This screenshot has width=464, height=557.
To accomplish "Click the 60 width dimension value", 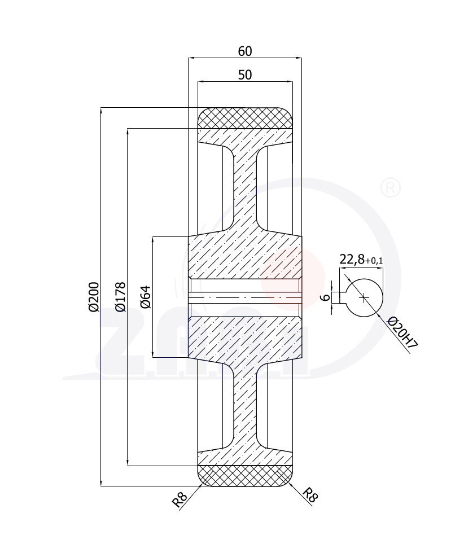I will pyautogui.click(x=244, y=51).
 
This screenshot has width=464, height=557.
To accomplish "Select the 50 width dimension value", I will pyautogui.click(x=244, y=74).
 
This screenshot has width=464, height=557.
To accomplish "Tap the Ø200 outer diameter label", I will pyautogui.click(x=94, y=296).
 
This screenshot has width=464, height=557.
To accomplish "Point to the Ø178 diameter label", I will pyautogui.click(x=120, y=296).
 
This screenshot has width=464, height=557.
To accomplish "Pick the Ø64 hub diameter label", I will pyautogui.click(x=145, y=297).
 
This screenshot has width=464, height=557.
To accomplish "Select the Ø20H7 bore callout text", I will pyautogui.click(x=402, y=334).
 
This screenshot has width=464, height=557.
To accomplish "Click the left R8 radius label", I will pyautogui.click(x=180, y=499).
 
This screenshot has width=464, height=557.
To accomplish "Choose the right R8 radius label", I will pyautogui.click(x=310, y=495).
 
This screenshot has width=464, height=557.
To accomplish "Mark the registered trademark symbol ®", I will pyautogui.click(x=391, y=188).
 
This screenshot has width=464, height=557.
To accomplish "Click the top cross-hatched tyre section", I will pyautogui.click(x=244, y=118).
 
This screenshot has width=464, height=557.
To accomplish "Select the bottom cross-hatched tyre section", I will pyautogui.click(x=244, y=475).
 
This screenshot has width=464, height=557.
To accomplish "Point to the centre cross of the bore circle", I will pyautogui.click(x=364, y=297).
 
